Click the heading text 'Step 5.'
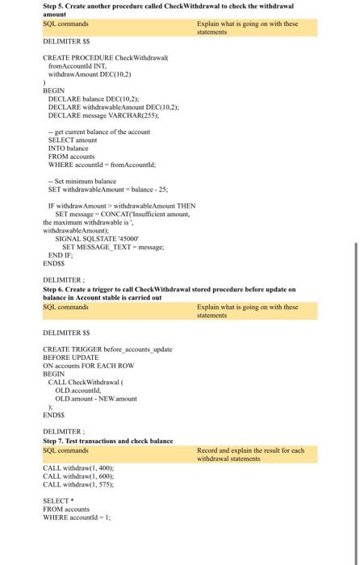point(56,6)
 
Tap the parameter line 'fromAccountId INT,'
point(69,68)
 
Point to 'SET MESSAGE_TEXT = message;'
point(113,246)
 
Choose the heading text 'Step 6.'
point(56,288)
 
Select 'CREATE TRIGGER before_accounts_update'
point(107,348)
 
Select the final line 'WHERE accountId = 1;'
point(77,517)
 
